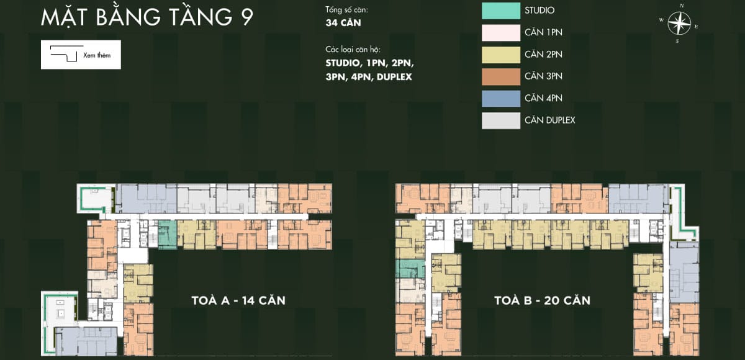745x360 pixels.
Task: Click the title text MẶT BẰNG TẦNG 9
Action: pyautogui.click(x=147, y=17)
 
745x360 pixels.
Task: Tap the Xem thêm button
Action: pyautogui.click(x=81, y=55)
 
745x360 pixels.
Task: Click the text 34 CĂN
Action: pyautogui.click(x=343, y=22)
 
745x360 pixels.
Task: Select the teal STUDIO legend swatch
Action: pyautogui.click(x=501, y=11)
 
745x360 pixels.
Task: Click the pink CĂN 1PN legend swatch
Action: pyautogui.click(x=501, y=32)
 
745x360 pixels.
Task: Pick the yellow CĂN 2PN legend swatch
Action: pyautogui.click(x=501, y=55)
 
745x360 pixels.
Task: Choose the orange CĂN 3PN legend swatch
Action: pyautogui.click(x=501, y=76)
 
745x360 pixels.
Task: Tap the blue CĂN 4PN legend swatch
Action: pyautogui.click(x=501, y=99)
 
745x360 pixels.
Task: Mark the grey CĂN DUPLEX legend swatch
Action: pyautogui.click(x=501, y=120)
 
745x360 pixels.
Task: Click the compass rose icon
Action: pyautogui.click(x=679, y=23)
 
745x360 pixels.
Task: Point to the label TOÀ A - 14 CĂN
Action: pyautogui.click(x=238, y=300)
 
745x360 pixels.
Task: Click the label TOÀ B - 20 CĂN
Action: pyautogui.click(x=543, y=300)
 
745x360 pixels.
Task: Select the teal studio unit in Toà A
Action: pyautogui.click(x=167, y=235)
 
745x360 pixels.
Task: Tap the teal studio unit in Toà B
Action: pyautogui.click(x=410, y=269)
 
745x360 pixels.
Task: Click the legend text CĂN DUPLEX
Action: pyautogui.click(x=550, y=120)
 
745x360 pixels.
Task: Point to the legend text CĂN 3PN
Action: pyautogui.click(x=543, y=76)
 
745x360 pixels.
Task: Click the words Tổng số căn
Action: pyautogui.click(x=346, y=10)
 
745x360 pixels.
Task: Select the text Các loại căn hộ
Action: pyautogui.click(x=353, y=50)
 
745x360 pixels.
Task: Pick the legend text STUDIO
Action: pyautogui.click(x=540, y=11)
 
